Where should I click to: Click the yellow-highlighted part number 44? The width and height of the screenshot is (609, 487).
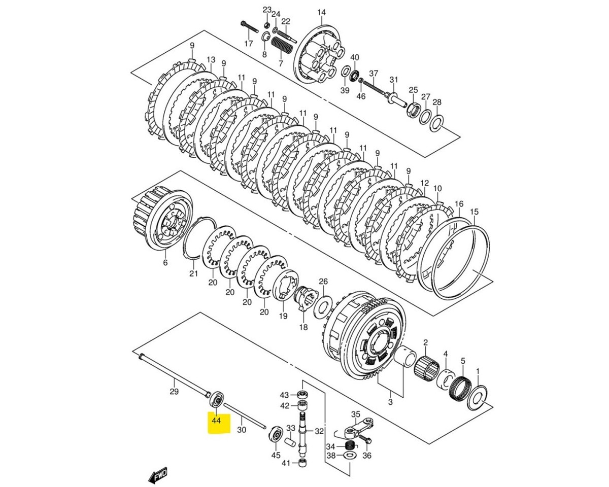(x=216, y=421)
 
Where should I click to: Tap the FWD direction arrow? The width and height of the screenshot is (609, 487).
(x=158, y=475)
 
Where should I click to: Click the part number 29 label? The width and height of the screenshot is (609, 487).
(x=174, y=391)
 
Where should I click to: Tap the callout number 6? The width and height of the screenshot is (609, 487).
(x=165, y=263)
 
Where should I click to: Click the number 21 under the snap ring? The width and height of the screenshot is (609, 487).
(x=193, y=274)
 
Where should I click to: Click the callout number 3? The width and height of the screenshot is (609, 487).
(x=390, y=402)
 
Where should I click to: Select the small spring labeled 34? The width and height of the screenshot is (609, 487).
(x=349, y=445)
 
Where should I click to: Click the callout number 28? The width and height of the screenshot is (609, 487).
(x=437, y=102)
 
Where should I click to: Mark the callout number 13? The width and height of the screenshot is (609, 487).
(x=211, y=60)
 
